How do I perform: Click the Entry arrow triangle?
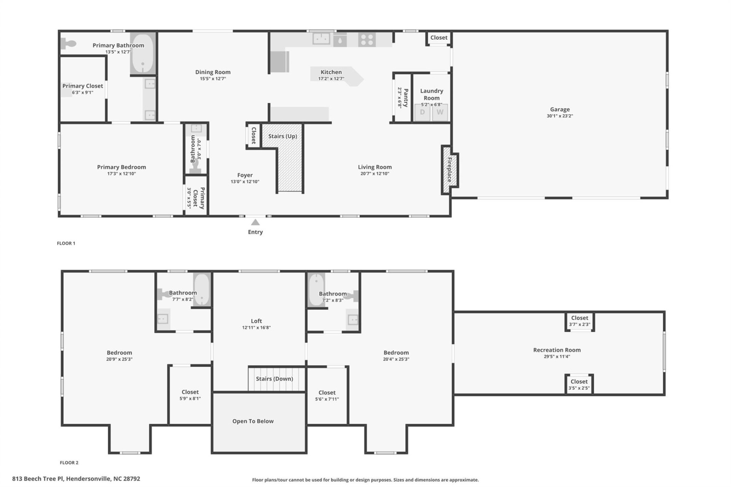(x=255, y=222)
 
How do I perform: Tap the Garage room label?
(x=560, y=109)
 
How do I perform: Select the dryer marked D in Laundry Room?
(x=422, y=112)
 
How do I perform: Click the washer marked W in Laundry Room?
(x=440, y=112)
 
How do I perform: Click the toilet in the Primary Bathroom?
(x=69, y=44)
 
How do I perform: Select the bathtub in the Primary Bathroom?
(x=143, y=53)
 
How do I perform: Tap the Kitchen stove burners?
(x=367, y=40)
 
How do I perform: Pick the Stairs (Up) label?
(x=283, y=136)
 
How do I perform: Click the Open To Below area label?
(x=253, y=421)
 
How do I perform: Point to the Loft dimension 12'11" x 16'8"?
(x=256, y=328)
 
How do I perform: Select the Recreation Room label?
(x=557, y=350)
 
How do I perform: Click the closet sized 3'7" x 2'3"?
(x=579, y=321)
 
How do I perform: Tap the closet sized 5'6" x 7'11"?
(x=327, y=396)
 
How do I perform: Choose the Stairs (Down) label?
(x=274, y=379)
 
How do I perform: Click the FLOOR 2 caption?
(x=69, y=463)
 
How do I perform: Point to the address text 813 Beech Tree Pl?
(x=76, y=479)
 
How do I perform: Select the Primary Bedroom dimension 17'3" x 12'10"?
(x=121, y=174)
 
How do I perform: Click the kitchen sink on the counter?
(x=321, y=39)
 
